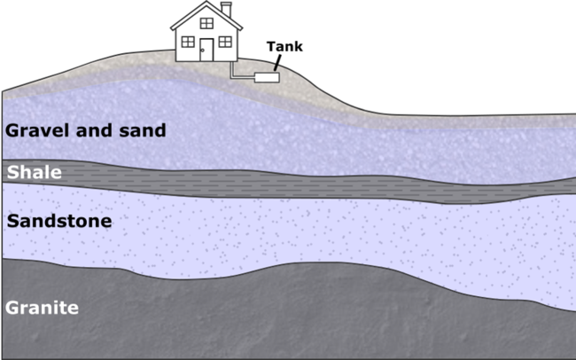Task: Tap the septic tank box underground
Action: tap(266, 77)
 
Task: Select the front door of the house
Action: tap(206, 50)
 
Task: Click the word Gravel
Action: tap(34, 130)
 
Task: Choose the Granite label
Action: tap(43, 309)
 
